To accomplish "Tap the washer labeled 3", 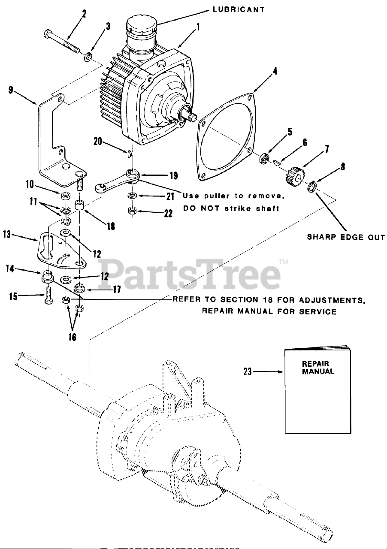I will pyautogui.click(x=88, y=57).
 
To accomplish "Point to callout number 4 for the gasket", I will pyautogui.click(x=275, y=72).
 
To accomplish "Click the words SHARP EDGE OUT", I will pyautogui.click(x=346, y=237).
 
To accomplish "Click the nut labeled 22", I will pyautogui.click(x=133, y=211).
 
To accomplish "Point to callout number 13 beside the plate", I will pyautogui.click(x=6, y=235).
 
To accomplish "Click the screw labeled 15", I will pyautogui.click(x=47, y=297).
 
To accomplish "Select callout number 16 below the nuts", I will pyautogui.click(x=72, y=337).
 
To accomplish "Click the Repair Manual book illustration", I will pyautogui.click(x=317, y=391).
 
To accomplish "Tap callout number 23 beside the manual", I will pyautogui.click(x=248, y=372).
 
